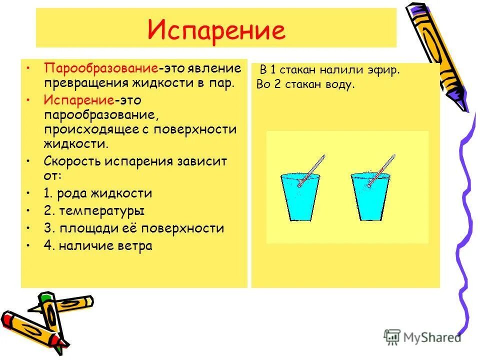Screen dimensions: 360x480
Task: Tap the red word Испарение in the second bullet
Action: (x=78, y=100)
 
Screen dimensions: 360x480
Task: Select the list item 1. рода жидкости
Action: (x=97, y=193)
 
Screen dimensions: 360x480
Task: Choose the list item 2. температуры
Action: (x=94, y=211)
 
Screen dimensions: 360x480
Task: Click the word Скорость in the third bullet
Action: (x=72, y=161)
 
